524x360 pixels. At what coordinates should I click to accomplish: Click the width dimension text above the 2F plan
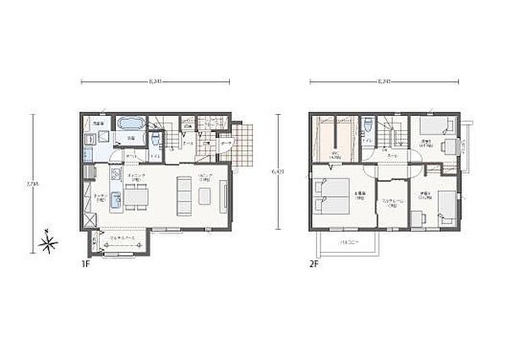point(385,82)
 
